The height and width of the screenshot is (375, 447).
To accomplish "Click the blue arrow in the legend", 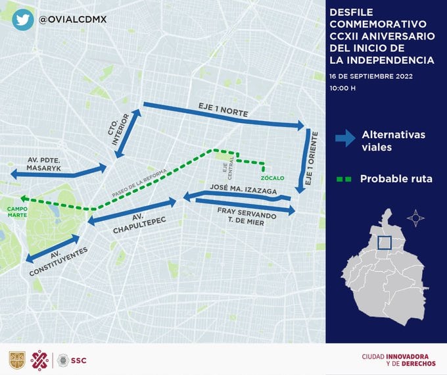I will click(x=344, y=139).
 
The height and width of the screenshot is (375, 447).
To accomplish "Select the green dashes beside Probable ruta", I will click(x=343, y=178).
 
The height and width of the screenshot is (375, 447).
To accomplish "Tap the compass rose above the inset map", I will click(x=415, y=218).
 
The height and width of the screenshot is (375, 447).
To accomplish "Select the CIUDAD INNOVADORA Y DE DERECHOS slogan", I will click(x=398, y=360).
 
